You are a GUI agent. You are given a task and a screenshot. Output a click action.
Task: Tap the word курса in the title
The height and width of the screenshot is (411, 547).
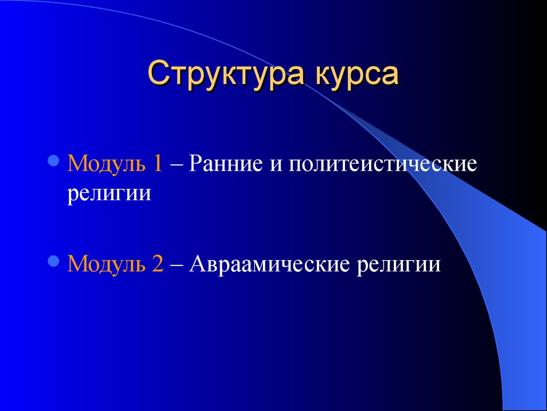(x=356, y=74)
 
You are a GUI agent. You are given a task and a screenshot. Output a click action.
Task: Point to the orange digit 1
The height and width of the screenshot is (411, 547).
(x=158, y=163)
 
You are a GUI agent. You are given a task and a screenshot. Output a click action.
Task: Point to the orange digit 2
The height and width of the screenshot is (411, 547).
(x=158, y=263)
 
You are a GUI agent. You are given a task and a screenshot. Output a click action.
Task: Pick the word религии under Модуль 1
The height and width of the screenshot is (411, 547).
(x=109, y=193)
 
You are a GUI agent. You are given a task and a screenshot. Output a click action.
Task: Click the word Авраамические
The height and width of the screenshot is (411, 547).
(x=269, y=263)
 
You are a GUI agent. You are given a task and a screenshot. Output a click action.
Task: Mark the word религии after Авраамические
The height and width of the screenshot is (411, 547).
(x=398, y=264)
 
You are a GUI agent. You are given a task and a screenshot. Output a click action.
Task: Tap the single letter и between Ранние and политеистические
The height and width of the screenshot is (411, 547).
(x=276, y=165)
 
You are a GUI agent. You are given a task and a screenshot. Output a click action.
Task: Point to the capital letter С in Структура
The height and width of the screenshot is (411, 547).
(x=159, y=72)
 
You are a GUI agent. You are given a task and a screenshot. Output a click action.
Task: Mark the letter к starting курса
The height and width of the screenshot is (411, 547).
(x=324, y=75)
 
